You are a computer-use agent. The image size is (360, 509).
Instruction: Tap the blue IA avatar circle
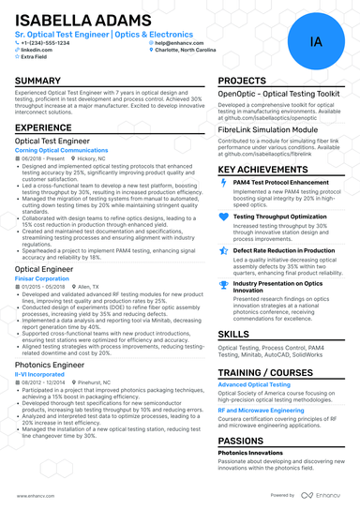(315, 43)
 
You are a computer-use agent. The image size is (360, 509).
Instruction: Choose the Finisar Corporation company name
(42, 278)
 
